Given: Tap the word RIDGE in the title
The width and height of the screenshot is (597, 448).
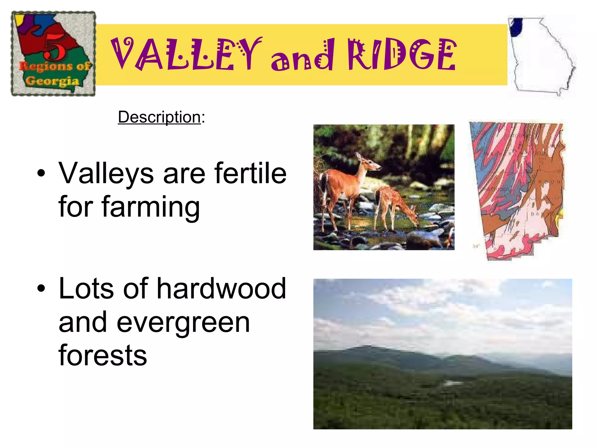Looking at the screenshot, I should (402, 55).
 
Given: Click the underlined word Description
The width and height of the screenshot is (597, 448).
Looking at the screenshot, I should (159, 117).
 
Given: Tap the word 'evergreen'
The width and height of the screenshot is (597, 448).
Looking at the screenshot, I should (183, 323).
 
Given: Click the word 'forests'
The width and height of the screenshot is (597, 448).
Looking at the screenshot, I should (103, 356).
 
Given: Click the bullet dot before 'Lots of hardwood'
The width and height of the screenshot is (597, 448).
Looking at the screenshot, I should (41, 288).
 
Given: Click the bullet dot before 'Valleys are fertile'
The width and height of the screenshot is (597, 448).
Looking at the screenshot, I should (41, 173).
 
